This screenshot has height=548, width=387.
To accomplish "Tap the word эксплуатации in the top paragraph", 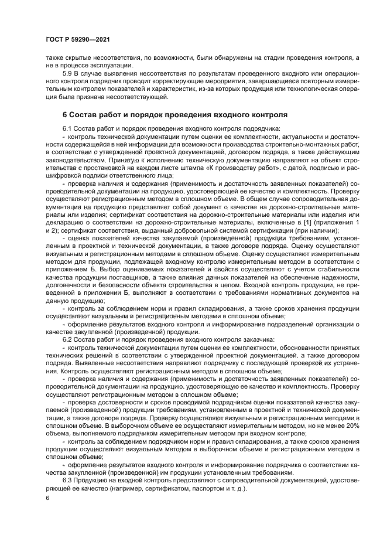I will point(101,66).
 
